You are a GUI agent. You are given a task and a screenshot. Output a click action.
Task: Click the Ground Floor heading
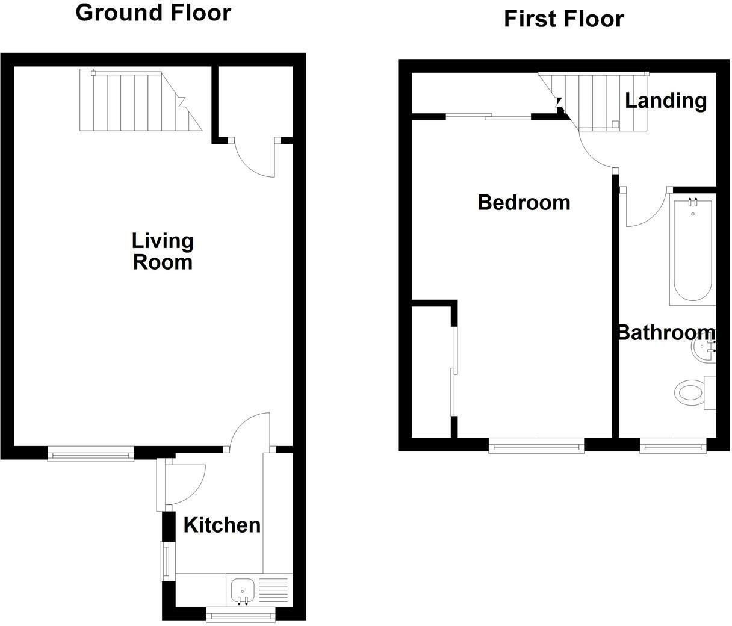coord(153,13)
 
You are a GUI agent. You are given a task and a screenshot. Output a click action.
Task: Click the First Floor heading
coord(563,19)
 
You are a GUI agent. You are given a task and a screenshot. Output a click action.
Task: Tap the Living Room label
coord(162,252)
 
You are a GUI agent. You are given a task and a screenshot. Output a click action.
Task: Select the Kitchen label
coord(222,525)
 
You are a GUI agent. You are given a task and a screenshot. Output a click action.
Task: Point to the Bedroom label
coord(524,202)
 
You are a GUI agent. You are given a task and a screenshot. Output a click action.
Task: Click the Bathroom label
coord(666,332)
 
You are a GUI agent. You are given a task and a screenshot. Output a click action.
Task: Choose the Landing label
coord(665,100)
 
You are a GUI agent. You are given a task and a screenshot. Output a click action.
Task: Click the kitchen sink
coord(242,590)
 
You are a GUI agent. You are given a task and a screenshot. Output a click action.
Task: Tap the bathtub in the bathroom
coord(692,249)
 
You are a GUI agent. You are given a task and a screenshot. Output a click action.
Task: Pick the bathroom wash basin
coord(704,348)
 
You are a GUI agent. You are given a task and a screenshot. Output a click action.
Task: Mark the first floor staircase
coord(602,101)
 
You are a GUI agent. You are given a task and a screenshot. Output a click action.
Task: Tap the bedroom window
coord(536,446)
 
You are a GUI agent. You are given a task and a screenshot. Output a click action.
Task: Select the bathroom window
coord(672,446)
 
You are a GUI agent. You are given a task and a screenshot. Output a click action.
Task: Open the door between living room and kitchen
coord(250,430)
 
